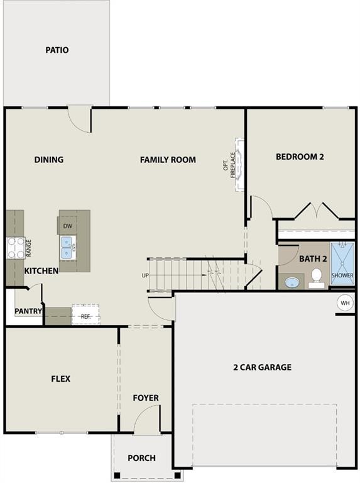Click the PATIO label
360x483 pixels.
pyautogui.click(x=57, y=50)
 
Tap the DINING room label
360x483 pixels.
pyautogui.click(x=49, y=160)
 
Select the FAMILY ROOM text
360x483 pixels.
pyautogui.click(x=168, y=160)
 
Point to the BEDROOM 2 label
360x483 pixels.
pyautogui.click(x=300, y=157)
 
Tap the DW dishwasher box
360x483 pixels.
pyautogui.click(x=67, y=226)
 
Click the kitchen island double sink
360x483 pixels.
pyautogui.click(x=67, y=248)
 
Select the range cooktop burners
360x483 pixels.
pyautogui.click(x=15, y=248)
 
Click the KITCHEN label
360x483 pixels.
pyautogui.click(x=41, y=270)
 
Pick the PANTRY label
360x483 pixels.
pyautogui.click(x=28, y=311)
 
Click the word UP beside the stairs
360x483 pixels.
pyautogui.click(x=145, y=275)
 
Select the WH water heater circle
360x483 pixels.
pyautogui.click(x=345, y=303)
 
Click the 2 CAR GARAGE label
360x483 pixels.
pyautogui.click(x=262, y=367)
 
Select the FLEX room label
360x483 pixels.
pyautogui.click(x=60, y=379)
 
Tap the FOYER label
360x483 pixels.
pyautogui.click(x=146, y=398)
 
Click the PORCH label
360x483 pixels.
pyautogui.click(x=141, y=458)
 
